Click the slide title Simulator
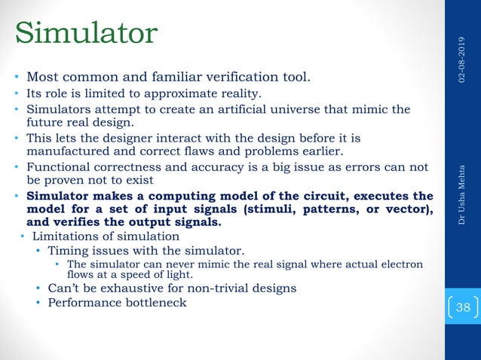[x=86, y=32]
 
